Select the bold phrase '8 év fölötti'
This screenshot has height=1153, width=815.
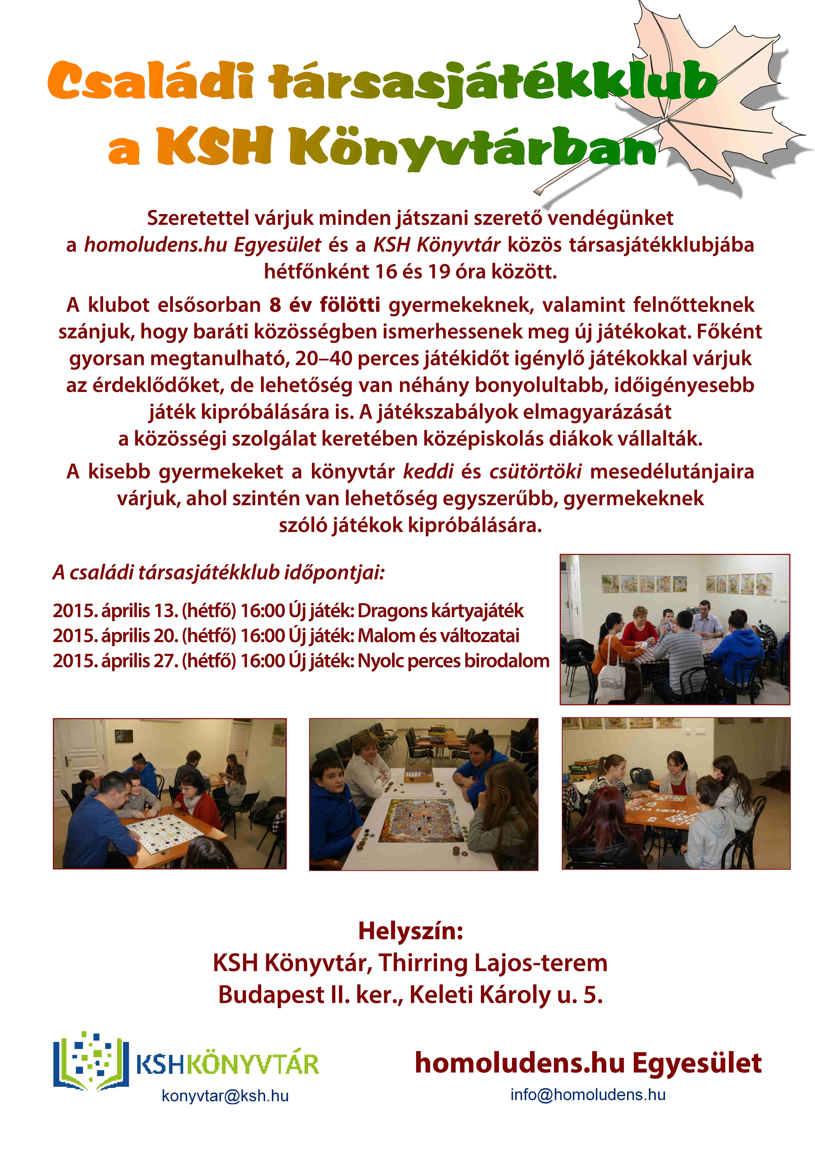coord(324,305)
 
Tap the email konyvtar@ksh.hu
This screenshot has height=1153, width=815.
coord(225,1095)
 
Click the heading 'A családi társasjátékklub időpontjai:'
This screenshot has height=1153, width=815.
coord(218,573)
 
